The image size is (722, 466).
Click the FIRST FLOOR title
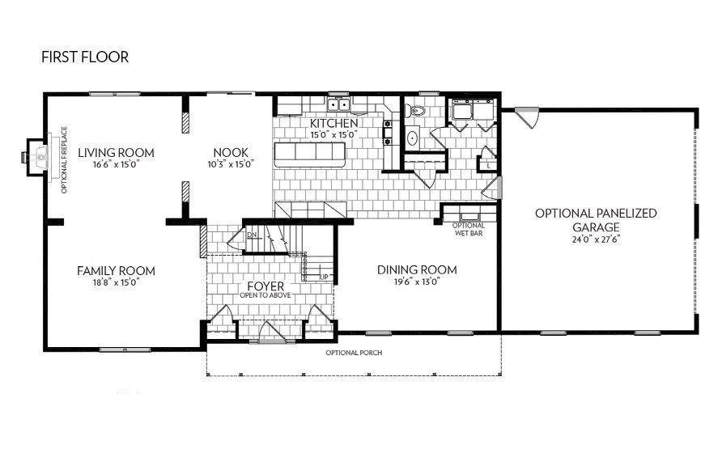(x=85, y=57)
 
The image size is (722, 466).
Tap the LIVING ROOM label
(x=116, y=152)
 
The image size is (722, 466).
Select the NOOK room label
(x=231, y=152)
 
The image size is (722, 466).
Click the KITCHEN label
(x=333, y=123)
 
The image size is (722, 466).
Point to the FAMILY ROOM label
(x=116, y=270)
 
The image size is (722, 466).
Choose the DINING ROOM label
(x=417, y=269)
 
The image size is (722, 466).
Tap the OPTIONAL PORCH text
(x=354, y=354)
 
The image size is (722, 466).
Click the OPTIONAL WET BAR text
(x=469, y=229)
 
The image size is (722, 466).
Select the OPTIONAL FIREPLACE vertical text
(x=64, y=161)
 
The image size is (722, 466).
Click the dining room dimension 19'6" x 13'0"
(x=417, y=282)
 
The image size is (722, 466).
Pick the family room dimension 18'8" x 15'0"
(x=116, y=282)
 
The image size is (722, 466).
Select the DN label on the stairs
(x=252, y=235)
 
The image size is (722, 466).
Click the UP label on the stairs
(x=324, y=277)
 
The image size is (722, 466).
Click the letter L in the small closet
(x=490, y=165)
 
